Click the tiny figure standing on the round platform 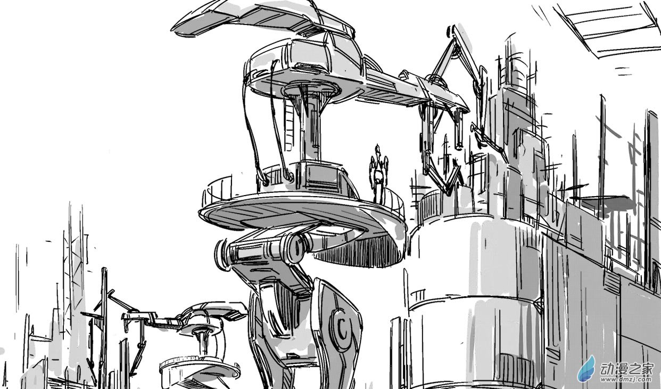(378, 174)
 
